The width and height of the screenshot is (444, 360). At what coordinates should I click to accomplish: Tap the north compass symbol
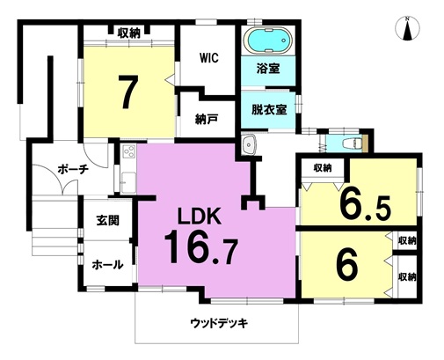point(407,28)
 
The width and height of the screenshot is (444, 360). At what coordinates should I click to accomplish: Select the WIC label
point(209,58)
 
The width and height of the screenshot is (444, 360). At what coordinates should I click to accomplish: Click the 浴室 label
point(268,68)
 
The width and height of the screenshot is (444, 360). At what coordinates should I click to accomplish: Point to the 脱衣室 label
point(268,109)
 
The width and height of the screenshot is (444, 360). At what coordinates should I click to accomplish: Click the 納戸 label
point(207,119)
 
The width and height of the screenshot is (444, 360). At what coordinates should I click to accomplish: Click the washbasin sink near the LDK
point(249,144)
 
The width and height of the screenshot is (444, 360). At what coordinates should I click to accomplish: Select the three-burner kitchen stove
point(128,151)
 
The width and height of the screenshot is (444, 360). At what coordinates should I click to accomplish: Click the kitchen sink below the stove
point(128,182)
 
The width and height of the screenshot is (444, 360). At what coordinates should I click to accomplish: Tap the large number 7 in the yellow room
point(127,92)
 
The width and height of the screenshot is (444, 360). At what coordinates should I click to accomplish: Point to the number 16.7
point(200,246)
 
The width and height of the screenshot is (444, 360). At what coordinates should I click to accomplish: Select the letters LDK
point(200,217)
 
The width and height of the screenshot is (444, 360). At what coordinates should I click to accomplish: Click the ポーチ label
point(73,169)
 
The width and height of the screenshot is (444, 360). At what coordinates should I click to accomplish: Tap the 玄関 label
point(108,220)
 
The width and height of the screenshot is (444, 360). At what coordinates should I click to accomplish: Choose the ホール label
point(107,265)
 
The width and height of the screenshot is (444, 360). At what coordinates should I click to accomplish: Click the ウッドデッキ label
point(219,323)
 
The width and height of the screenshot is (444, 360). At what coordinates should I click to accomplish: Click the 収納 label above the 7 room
point(129,33)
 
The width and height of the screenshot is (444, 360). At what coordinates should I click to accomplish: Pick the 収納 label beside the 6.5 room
point(323,168)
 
